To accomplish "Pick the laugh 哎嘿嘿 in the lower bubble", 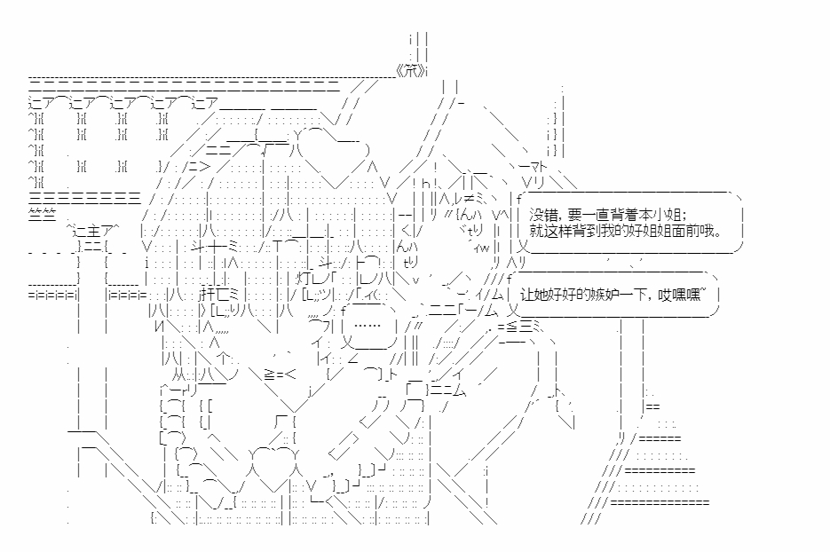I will pos(689,296).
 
